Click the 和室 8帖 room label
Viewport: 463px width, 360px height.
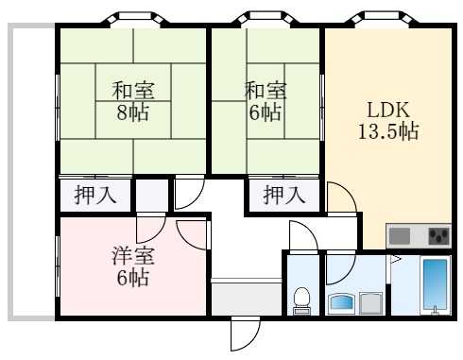133,101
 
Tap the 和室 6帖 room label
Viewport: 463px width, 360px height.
266,101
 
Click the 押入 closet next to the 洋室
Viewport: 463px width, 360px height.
95,197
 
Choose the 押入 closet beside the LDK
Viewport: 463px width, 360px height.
284,197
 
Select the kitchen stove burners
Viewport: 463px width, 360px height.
437,235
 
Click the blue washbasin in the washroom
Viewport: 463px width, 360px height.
341,303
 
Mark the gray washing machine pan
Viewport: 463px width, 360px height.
371,303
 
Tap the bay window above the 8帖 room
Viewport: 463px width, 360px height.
132,19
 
